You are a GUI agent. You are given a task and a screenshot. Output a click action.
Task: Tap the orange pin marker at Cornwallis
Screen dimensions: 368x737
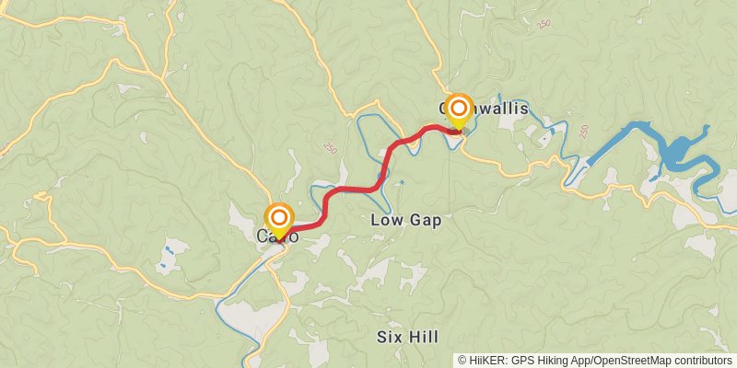[459, 109]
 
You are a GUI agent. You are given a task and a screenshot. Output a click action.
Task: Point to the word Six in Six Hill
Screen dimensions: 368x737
[391, 337]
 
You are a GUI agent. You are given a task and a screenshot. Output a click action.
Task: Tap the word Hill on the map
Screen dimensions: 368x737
[422, 337]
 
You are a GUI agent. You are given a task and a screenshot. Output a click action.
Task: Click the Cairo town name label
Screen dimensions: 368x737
[277, 237]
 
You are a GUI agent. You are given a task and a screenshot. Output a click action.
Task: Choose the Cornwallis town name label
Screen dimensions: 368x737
[485, 109]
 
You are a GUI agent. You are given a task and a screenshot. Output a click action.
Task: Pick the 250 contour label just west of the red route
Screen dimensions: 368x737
[329, 147]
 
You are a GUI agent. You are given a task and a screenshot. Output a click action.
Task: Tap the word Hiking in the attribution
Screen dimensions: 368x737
[555, 361]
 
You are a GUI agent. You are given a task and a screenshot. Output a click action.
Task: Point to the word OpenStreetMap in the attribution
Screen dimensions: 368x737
[636, 361]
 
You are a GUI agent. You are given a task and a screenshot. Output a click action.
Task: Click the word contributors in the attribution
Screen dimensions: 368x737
[705, 361]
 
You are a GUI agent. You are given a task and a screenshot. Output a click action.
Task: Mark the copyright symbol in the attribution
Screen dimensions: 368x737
[462, 361]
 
